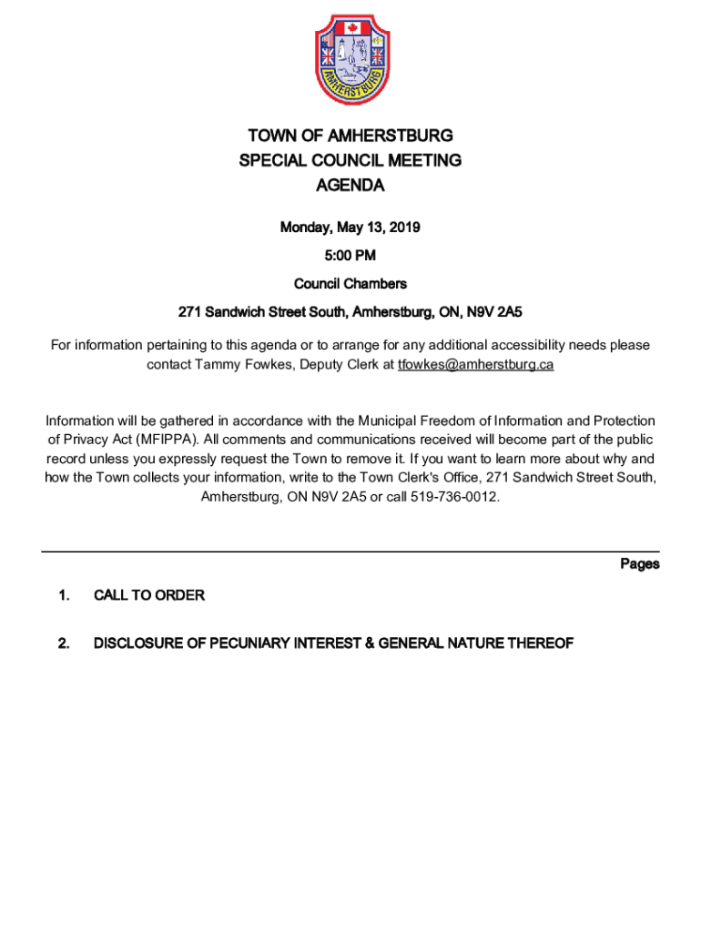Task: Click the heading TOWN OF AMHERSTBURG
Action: tap(350, 137)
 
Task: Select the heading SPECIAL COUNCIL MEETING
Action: tap(350, 161)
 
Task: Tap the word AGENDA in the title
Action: tap(350, 186)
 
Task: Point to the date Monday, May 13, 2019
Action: tap(350, 228)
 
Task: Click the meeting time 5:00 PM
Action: tap(350, 256)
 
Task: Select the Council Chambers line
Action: tap(350, 284)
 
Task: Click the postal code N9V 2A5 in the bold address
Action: tap(494, 312)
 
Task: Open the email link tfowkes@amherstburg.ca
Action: tap(475, 364)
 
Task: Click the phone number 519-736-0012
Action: tap(457, 498)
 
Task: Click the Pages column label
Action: tap(640, 564)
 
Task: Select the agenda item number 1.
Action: tap(64, 596)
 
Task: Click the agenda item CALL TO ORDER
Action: tap(149, 596)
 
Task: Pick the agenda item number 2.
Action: tap(64, 644)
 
